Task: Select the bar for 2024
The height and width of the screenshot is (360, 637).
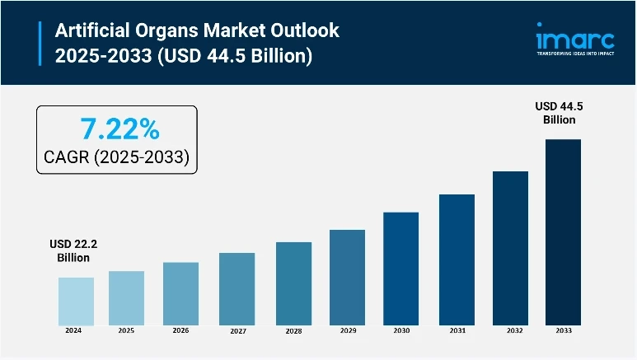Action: (x=76, y=301)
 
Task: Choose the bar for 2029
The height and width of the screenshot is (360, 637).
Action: (x=347, y=277)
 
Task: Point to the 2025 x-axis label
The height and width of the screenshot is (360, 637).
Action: (x=127, y=331)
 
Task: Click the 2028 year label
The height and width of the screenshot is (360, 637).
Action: (x=293, y=331)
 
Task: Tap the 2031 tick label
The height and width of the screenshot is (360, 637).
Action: (x=457, y=331)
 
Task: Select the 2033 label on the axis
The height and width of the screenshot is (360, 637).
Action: (x=563, y=331)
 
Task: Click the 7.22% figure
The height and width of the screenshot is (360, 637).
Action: (x=119, y=129)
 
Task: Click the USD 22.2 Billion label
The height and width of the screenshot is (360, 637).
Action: (x=73, y=250)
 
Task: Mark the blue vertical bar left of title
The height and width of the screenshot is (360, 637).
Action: (x=40, y=43)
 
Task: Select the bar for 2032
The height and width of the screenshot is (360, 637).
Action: (x=510, y=248)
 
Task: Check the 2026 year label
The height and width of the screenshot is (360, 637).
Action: (x=180, y=331)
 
